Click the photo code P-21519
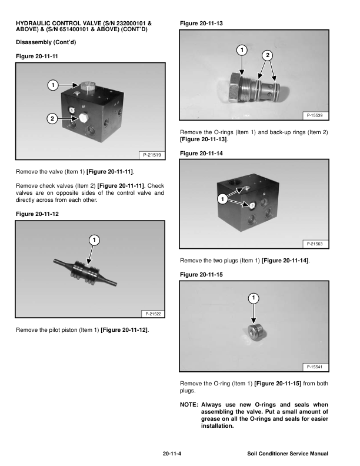(152, 155)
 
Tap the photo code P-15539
(315, 115)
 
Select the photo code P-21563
(315, 244)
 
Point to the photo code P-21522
(153, 314)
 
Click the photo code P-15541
(315, 367)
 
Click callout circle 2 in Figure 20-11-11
(52, 119)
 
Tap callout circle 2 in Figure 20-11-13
(267, 55)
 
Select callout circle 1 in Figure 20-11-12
(94, 240)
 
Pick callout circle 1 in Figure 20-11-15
(254, 298)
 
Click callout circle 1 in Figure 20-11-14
(222, 199)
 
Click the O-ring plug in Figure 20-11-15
(256, 332)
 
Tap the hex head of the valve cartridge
(235, 87)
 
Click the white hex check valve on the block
(83, 118)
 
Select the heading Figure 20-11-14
(201, 154)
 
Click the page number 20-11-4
(172, 454)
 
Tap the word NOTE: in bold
(189, 404)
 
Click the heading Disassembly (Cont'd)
(46, 42)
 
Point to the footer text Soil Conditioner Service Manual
(288, 454)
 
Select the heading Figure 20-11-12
(37, 214)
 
